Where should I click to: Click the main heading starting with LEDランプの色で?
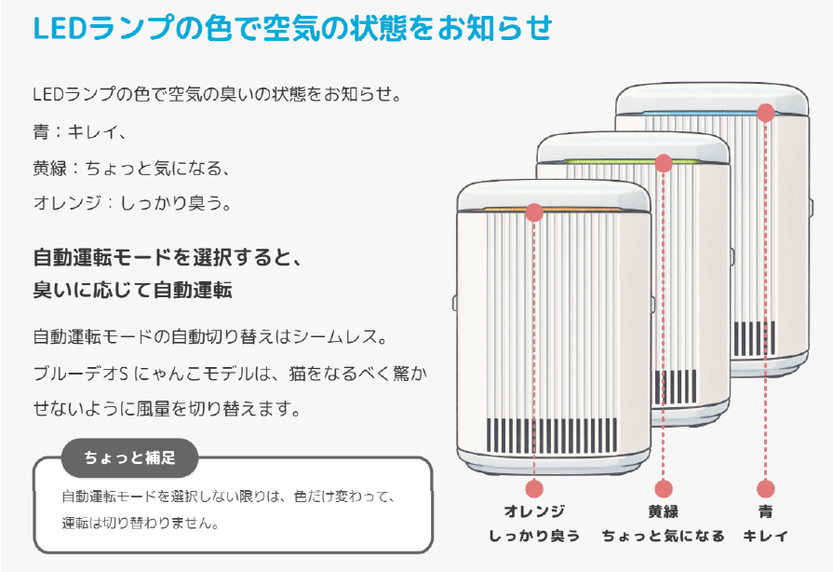click(292, 28)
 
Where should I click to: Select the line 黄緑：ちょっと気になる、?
click(130, 169)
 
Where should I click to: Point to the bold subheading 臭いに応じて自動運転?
click(132, 291)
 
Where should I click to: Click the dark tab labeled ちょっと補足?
click(129, 457)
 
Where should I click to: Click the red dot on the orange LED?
click(534, 212)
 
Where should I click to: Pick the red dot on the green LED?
click(664, 163)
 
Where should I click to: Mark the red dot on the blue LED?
click(765, 113)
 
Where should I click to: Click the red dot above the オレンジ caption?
click(534, 488)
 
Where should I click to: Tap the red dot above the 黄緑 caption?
click(664, 488)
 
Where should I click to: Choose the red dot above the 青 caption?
click(765, 488)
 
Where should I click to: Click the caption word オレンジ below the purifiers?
click(534, 511)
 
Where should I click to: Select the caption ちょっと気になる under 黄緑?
click(663, 536)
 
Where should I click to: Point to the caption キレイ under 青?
click(765, 536)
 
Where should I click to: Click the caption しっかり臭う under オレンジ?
click(534, 536)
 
